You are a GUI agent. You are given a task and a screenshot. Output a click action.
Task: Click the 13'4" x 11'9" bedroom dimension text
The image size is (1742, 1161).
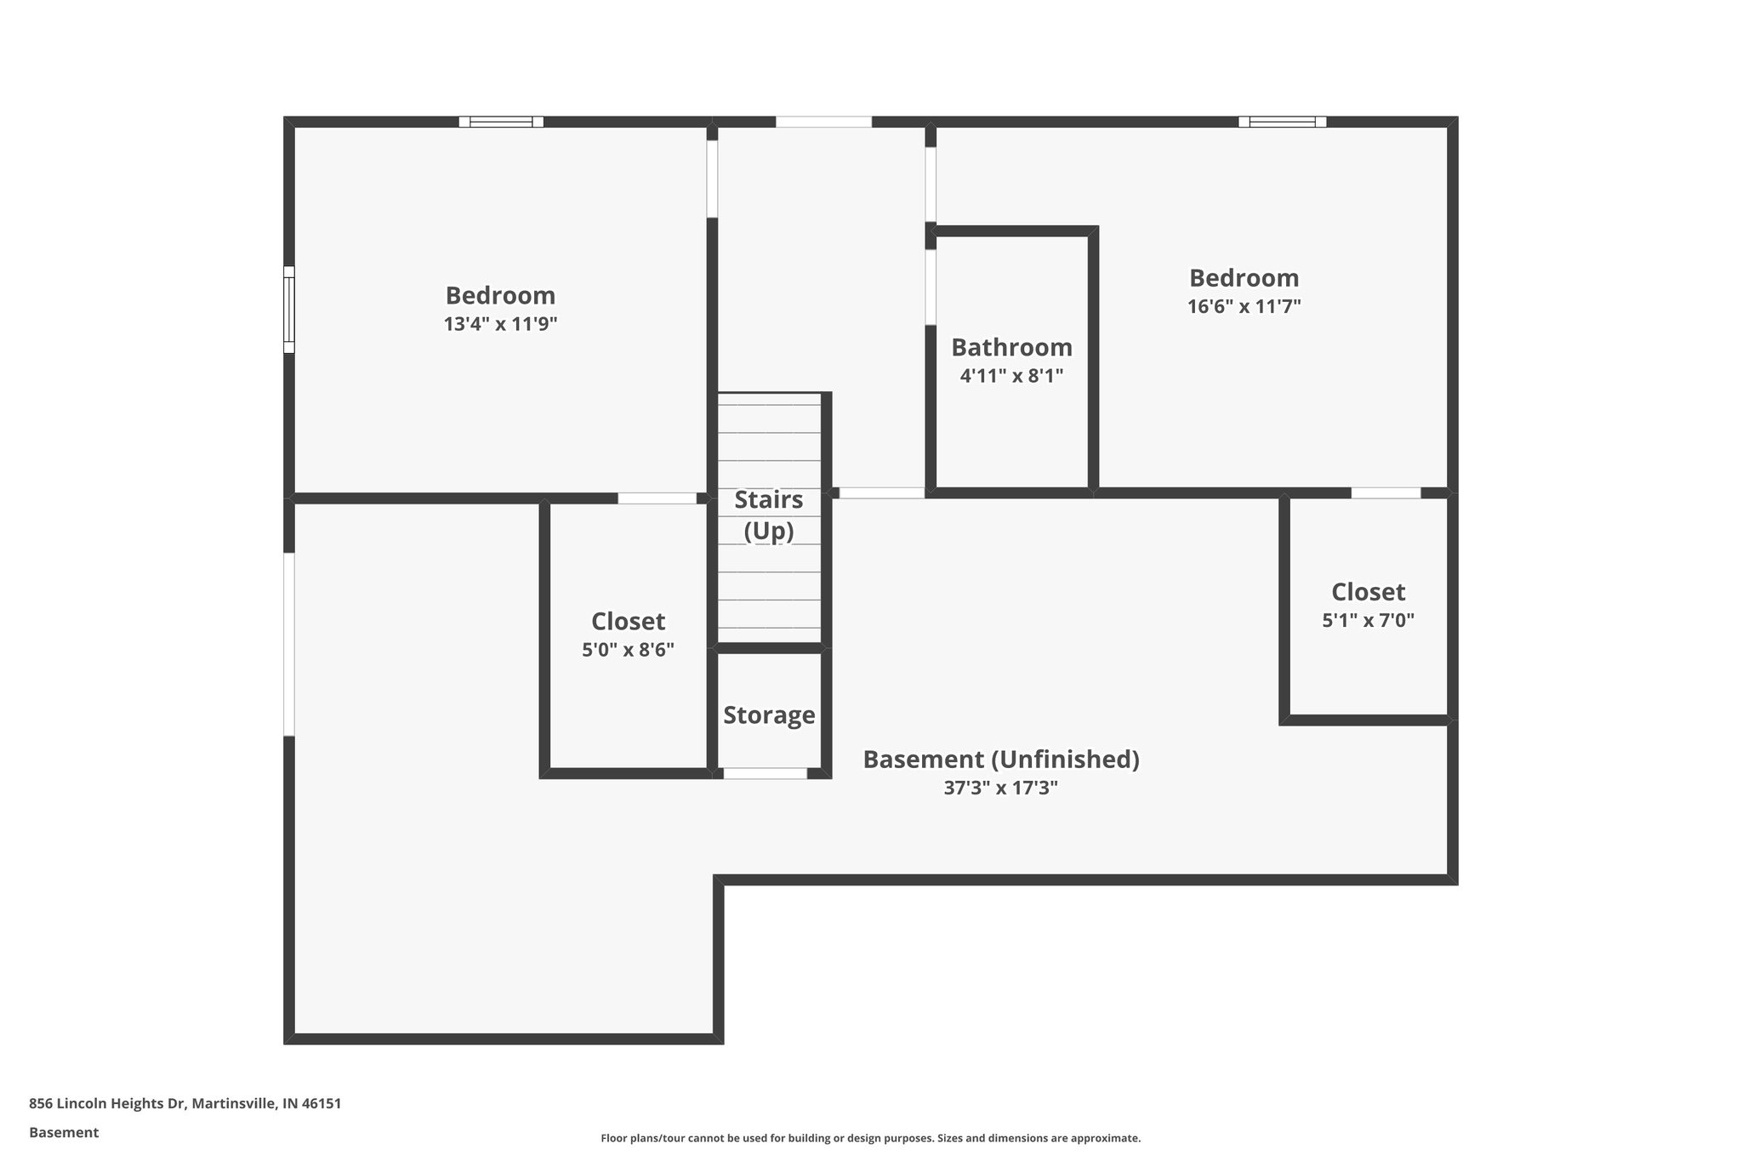[500, 324]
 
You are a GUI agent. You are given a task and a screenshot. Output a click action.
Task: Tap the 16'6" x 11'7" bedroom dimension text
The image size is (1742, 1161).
[1244, 306]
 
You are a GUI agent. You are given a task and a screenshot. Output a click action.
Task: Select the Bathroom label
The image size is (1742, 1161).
[1011, 347]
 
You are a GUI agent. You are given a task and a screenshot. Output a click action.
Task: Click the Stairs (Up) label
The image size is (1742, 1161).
[768, 515]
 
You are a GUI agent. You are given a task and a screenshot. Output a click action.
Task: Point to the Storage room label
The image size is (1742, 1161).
[769, 715]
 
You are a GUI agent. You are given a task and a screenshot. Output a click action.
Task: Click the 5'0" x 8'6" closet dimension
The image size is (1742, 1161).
[628, 650]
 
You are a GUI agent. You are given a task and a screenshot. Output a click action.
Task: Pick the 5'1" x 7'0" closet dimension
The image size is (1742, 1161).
[1368, 621]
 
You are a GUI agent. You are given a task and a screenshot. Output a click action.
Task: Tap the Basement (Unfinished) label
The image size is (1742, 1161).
[1000, 759]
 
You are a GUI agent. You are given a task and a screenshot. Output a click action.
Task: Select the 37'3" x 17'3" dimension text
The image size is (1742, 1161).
[1000, 788]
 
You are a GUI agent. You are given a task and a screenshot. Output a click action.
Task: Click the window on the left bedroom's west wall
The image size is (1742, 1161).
[289, 309]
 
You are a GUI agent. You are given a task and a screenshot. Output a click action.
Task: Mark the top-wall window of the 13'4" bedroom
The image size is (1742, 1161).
[501, 122]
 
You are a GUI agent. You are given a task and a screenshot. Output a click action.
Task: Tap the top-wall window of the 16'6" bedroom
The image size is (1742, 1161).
[1282, 122]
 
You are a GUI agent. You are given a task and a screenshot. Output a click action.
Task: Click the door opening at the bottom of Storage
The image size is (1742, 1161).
[765, 773]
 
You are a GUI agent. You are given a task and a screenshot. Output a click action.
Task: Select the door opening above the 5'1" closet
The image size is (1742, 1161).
[1386, 492]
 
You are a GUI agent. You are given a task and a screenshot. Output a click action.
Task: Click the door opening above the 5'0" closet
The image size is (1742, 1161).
[657, 498]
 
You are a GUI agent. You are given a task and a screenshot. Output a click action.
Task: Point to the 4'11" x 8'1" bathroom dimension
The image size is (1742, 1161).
[1011, 376]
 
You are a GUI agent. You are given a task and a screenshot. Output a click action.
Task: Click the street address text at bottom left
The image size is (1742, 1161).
[185, 1104]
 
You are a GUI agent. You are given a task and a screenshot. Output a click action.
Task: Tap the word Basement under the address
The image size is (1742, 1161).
[64, 1133]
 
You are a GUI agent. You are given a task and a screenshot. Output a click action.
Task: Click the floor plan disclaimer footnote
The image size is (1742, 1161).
[870, 1138]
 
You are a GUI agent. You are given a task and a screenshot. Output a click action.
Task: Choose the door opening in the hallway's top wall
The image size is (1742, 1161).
[823, 122]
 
